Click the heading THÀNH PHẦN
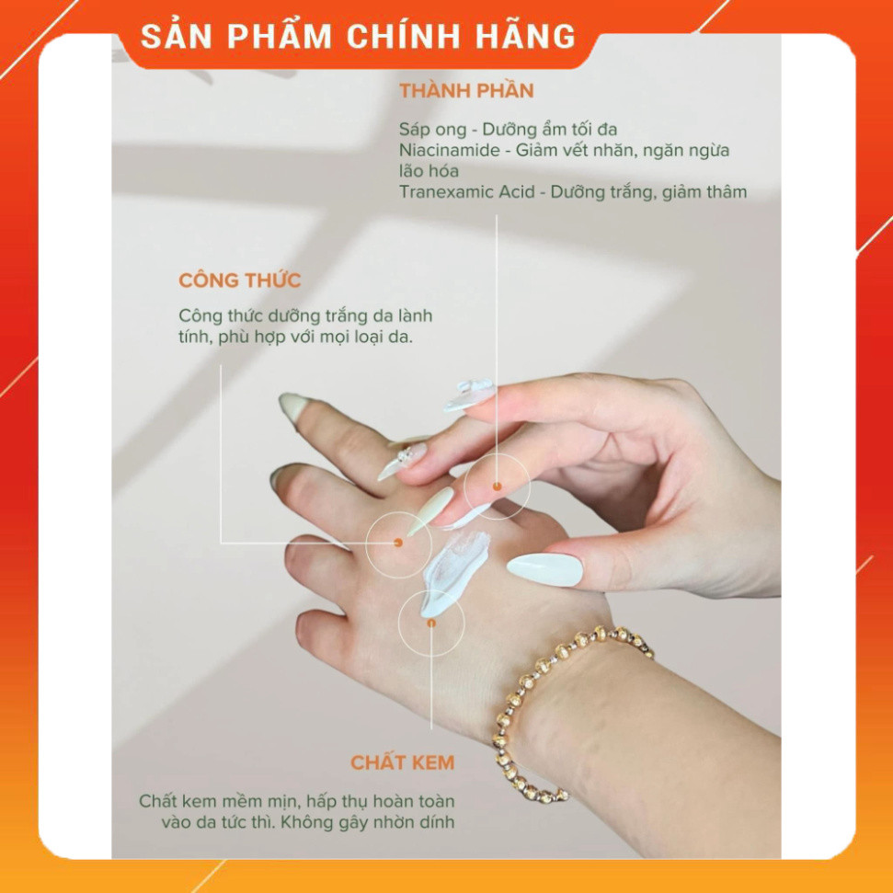pyautogui.click(x=466, y=90)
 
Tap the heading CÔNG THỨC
pyautogui.click(x=240, y=280)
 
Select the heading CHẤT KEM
pyautogui.click(x=403, y=762)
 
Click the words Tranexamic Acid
pyautogui.click(x=467, y=192)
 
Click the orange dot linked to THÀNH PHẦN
pyautogui.click(x=497, y=487)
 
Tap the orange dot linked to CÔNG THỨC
pyautogui.click(x=398, y=543)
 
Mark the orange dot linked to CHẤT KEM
pyautogui.click(x=431, y=623)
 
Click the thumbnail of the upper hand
pyautogui.click(x=545, y=569)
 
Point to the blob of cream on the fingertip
pyautogui.click(x=469, y=395)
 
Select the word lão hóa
pyautogui.click(x=429, y=171)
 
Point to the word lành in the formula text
pyautogui.click(x=415, y=315)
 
